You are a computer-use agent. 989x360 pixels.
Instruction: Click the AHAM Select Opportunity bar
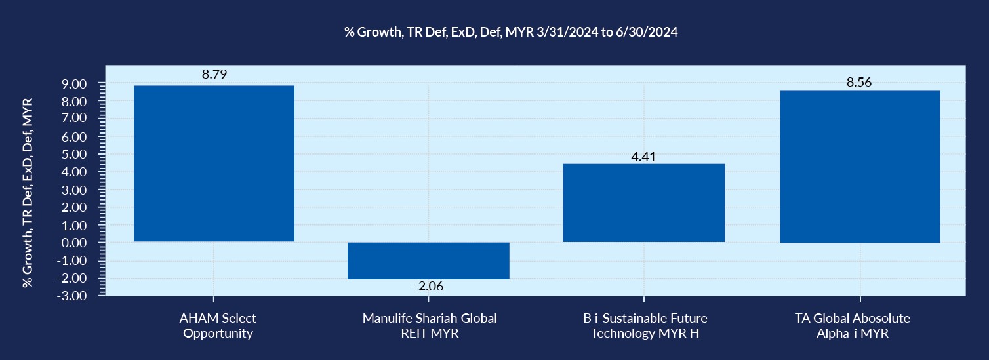(214, 163)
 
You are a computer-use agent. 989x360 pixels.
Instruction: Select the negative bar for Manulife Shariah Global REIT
(428, 260)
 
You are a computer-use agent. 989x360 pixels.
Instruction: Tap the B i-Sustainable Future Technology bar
(643, 203)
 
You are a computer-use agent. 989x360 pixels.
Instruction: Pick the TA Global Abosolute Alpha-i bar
(860, 167)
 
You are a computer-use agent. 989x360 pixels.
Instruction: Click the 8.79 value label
(214, 75)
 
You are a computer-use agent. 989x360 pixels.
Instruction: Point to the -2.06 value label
(428, 287)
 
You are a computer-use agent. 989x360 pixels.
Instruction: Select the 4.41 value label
(643, 157)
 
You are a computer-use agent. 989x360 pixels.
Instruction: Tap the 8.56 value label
(860, 83)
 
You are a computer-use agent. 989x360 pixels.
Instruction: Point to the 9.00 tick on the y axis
(75, 85)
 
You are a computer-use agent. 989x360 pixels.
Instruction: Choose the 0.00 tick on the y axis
(75, 243)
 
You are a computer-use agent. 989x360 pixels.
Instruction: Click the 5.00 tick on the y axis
(75, 155)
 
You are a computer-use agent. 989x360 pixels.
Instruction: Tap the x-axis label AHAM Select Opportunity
(218, 325)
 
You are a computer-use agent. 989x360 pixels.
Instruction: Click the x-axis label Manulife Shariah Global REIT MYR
(430, 325)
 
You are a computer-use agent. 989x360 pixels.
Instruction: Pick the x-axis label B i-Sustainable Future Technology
(645, 325)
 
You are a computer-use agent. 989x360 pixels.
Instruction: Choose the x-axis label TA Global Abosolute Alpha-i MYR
(860, 325)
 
